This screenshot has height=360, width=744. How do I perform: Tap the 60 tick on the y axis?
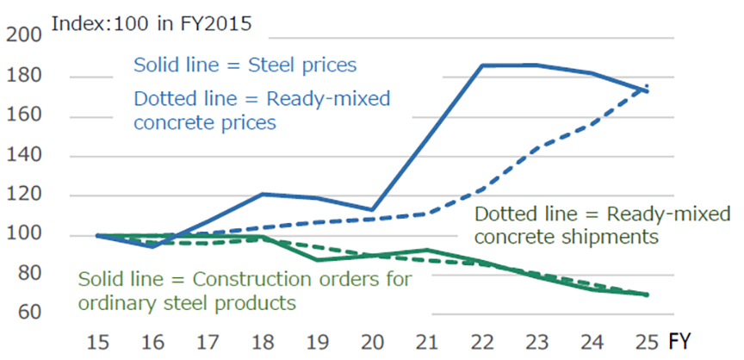pyautogui.click(x=28, y=312)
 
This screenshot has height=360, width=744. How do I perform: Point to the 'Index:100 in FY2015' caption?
pyautogui.click(x=152, y=23)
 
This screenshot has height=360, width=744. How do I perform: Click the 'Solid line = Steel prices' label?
pyautogui.click(x=245, y=65)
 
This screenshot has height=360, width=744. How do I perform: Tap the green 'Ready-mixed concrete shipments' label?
pyautogui.click(x=602, y=225)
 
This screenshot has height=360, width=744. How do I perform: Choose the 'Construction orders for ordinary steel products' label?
pyautogui.click(x=245, y=291)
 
